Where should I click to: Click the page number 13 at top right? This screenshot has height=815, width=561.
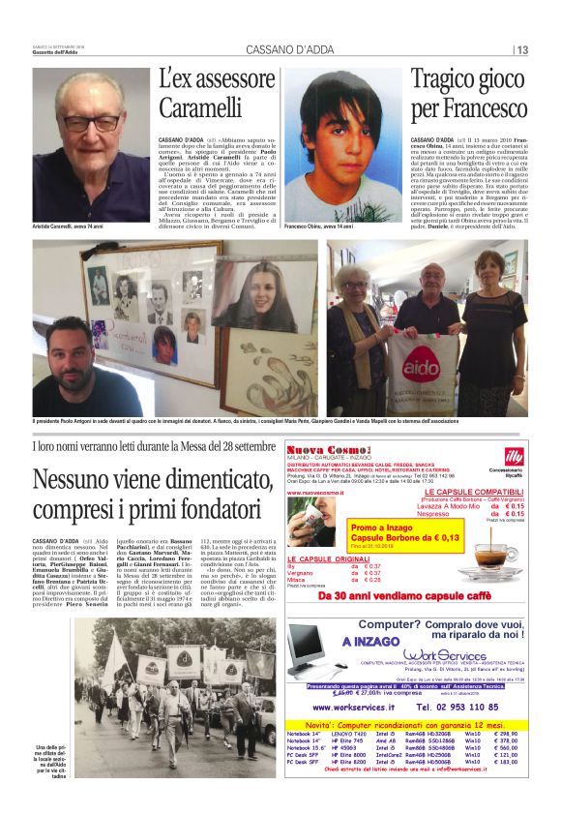point(522,50)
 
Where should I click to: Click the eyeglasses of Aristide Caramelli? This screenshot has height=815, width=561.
point(91,124)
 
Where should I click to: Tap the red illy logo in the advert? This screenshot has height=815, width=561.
point(514,455)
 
